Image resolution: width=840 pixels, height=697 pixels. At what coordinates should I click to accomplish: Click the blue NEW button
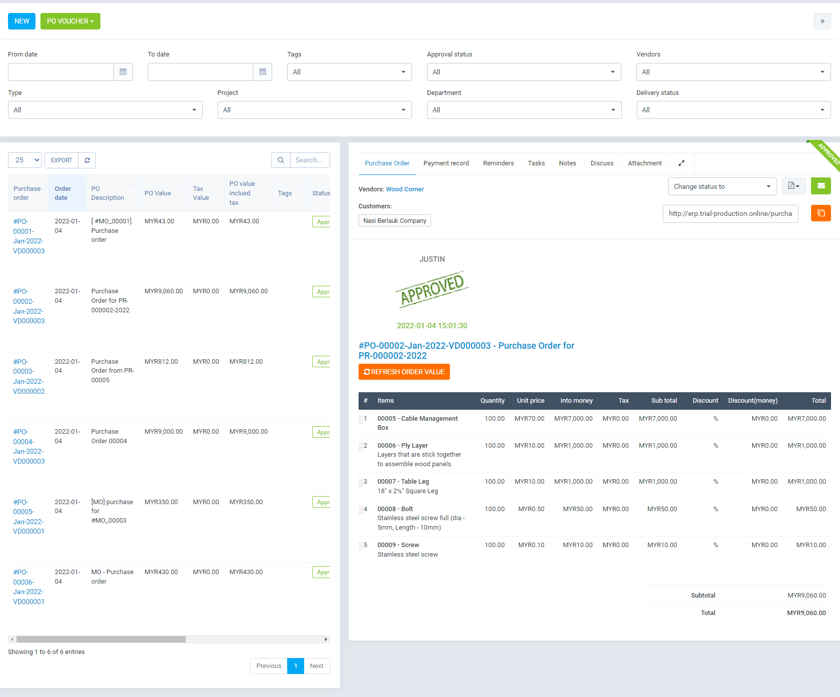point(21,21)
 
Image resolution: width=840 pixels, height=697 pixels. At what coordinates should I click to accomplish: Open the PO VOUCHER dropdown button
point(70,21)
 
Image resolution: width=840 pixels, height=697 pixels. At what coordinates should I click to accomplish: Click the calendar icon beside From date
point(123,72)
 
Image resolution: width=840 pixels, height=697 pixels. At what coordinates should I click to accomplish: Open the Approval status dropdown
point(523,72)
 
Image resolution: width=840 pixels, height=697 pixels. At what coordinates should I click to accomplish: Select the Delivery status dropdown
point(733,110)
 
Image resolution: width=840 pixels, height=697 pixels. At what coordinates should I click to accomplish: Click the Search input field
point(310,160)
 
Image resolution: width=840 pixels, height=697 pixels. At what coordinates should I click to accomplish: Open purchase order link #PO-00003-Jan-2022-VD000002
point(28,376)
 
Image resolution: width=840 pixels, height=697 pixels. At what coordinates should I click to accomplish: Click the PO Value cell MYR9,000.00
point(163,432)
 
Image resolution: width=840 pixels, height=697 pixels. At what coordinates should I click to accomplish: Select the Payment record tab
point(446,163)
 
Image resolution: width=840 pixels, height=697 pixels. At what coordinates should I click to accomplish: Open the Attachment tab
point(644,163)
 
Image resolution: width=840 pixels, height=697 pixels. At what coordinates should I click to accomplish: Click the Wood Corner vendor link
point(405,189)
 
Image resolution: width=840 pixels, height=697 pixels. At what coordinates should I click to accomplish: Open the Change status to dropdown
point(722,186)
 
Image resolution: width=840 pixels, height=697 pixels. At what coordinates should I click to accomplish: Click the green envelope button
point(821,186)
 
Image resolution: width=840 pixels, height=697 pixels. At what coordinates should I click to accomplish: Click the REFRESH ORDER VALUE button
point(404,372)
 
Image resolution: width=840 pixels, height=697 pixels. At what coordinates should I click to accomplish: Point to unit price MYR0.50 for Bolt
point(531,509)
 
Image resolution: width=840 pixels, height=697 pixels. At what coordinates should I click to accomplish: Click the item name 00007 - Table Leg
point(403,482)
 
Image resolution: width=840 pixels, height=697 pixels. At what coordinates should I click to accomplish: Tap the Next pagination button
point(317,666)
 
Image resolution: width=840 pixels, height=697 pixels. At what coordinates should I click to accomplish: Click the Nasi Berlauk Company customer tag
point(395,220)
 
